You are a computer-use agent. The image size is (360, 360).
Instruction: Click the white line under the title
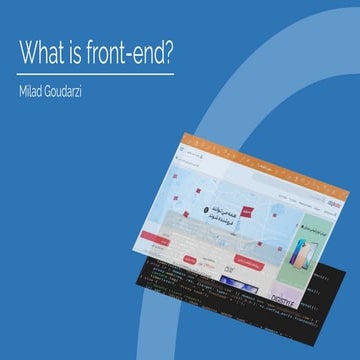pos(96,72)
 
